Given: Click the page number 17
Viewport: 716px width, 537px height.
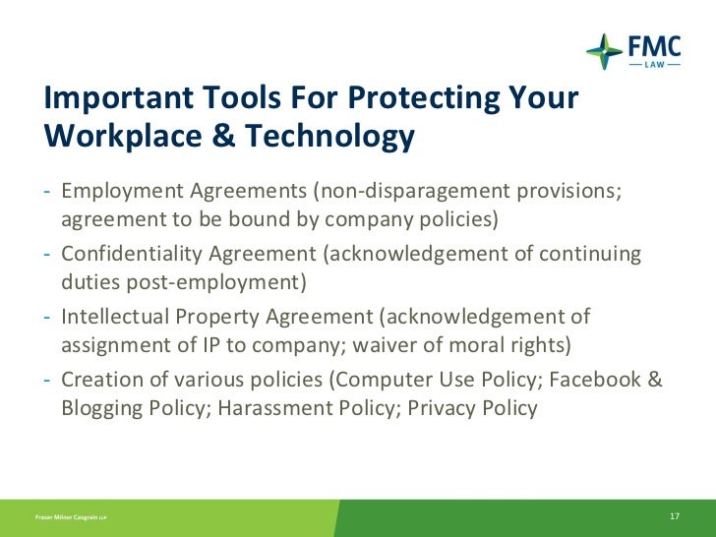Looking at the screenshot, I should (x=675, y=517).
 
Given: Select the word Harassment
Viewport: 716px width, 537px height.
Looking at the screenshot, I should (x=268, y=407).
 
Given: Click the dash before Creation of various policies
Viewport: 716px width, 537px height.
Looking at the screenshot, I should (x=48, y=380).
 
